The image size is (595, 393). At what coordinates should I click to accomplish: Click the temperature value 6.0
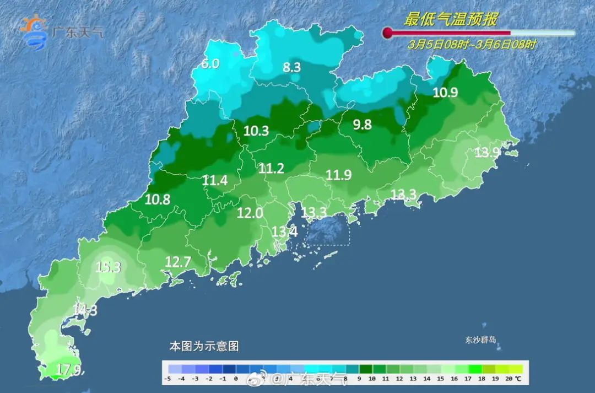pyautogui.click(x=210, y=64)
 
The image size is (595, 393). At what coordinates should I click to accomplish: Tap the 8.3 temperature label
pyautogui.click(x=291, y=68)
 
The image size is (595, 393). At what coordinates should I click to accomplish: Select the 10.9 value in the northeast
pyautogui.click(x=445, y=93)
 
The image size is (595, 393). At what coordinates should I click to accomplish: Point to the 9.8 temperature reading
pyautogui.click(x=362, y=125)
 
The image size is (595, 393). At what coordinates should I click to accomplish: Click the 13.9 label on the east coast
pyautogui.click(x=487, y=153)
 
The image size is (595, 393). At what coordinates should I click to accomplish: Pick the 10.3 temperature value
pyautogui.click(x=256, y=131)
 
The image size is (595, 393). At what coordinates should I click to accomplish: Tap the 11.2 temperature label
pyautogui.click(x=271, y=169)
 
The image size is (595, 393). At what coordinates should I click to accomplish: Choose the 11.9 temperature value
pyautogui.click(x=338, y=175)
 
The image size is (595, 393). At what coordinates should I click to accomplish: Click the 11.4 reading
pyautogui.click(x=214, y=180)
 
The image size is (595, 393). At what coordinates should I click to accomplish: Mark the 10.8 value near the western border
pyautogui.click(x=158, y=200)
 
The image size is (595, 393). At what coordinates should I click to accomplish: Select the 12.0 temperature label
pyautogui.click(x=250, y=213)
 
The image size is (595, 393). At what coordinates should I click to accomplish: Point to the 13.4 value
pyautogui.click(x=285, y=232)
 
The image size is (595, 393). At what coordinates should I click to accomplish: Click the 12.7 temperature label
pyautogui.click(x=178, y=262)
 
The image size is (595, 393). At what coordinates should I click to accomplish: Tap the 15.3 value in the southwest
pyautogui.click(x=108, y=268)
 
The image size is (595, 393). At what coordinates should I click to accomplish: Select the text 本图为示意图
pyautogui.click(x=204, y=347)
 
